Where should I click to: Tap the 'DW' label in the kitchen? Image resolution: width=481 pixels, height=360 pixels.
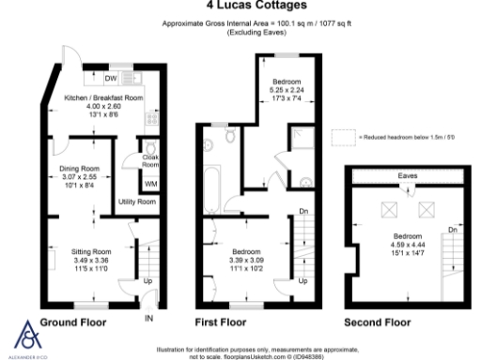click(110, 79)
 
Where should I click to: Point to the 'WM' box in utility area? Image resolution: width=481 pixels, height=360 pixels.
click(150, 184)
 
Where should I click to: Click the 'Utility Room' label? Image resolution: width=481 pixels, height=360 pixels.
click(137, 202)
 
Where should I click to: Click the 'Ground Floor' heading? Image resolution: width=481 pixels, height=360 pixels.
click(72, 322)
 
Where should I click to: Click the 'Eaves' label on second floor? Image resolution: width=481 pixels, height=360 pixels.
click(407, 175)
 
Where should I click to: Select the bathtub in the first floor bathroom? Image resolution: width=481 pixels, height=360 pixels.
click(212, 178)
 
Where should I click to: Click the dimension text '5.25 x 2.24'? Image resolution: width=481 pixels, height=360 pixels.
click(284, 91)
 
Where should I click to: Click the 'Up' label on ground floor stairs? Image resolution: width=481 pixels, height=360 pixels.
click(148, 280)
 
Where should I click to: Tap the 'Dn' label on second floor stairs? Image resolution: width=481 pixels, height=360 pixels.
click(453, 230)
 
